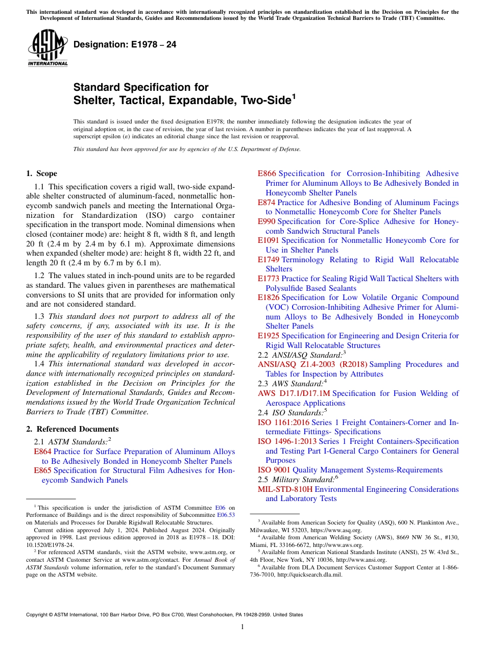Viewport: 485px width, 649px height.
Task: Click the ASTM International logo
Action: [47, 48]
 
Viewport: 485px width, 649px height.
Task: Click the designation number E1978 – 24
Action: [125, 45]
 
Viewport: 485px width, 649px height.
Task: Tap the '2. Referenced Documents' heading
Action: [72, 429]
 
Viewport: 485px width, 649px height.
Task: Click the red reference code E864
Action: [42, 452]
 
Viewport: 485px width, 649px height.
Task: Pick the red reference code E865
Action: [42, 470]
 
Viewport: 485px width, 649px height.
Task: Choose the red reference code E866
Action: [267, 173]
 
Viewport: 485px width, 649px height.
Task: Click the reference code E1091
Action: [269, 240]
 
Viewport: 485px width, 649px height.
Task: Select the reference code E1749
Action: [269, 260]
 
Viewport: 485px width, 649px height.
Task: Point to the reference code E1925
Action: [269, 336]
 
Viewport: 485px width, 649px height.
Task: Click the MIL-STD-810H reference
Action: [285, 489]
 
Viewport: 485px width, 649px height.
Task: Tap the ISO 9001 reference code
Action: [274, 470]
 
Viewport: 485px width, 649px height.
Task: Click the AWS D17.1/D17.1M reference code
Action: [294, 393]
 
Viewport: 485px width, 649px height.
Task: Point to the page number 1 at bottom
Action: [243, 627]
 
